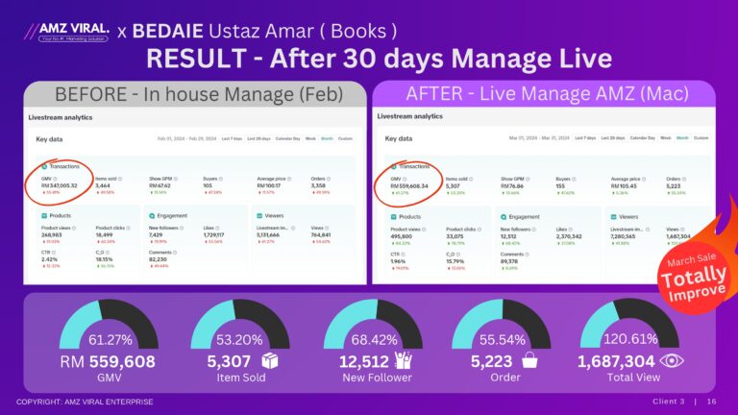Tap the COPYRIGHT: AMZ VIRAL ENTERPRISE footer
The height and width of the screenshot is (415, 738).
(84, 402)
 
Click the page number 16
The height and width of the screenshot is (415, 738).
(712, 402)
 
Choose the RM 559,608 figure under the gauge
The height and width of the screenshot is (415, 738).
(108, 361)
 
